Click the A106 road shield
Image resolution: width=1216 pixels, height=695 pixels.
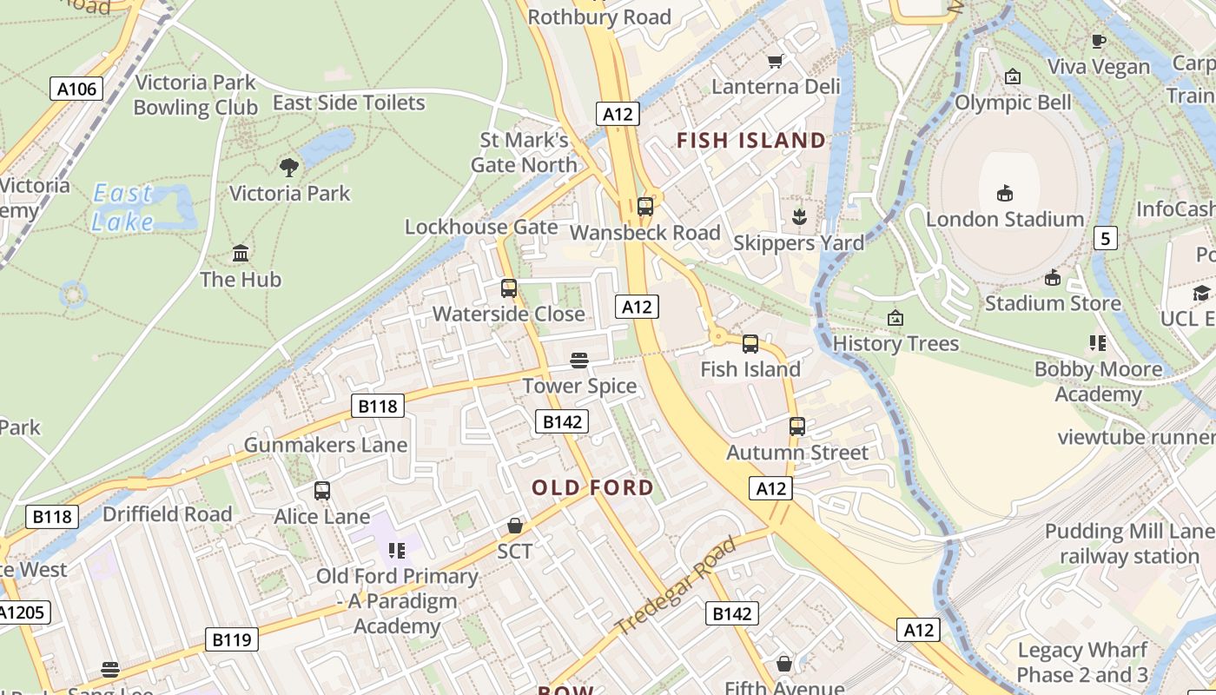76,88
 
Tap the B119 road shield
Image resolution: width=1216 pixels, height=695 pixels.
232,640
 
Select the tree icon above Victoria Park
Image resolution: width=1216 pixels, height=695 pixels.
289,167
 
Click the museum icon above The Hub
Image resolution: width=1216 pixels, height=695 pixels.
241,254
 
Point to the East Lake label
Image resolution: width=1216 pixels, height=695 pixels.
122,208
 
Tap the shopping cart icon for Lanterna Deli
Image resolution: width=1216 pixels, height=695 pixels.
776,61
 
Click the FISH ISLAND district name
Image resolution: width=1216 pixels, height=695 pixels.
751,140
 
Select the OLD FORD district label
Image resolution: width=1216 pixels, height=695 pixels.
592,487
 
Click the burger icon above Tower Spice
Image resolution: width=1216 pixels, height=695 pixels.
579,360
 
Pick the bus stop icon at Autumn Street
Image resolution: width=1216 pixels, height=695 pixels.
796,427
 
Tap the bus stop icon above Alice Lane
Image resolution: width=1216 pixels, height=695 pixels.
322,491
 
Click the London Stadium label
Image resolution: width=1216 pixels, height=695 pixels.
1005,219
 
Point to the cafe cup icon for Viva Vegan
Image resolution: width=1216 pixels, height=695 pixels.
1098,41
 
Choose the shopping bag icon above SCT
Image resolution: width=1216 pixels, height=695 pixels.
515,526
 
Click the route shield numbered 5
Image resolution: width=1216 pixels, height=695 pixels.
1105,237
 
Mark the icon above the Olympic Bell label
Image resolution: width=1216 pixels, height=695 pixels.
1012,77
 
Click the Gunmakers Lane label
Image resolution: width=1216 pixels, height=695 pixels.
325,445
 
